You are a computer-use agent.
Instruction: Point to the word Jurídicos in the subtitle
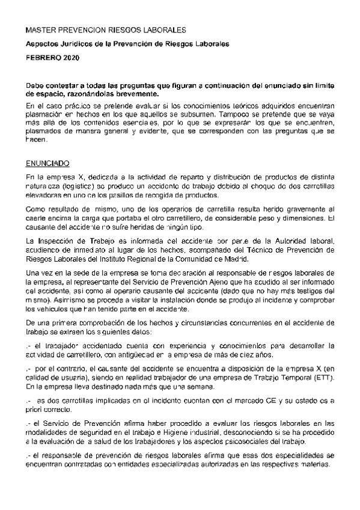[75, 43]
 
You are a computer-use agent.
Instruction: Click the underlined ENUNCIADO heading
[48, 163]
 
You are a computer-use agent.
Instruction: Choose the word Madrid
[233, 259]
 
